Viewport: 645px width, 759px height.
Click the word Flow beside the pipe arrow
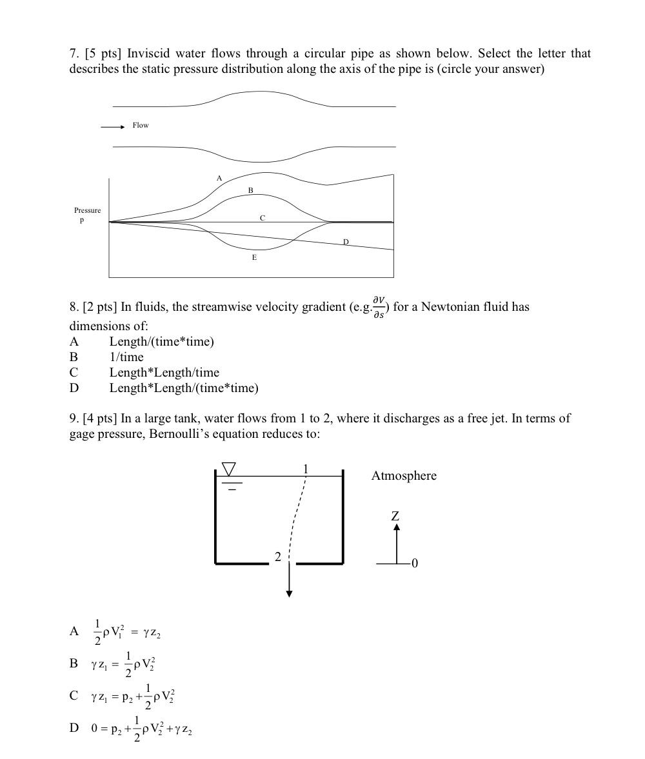141,125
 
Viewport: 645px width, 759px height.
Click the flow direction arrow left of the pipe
112,127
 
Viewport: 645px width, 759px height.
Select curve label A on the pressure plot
219,178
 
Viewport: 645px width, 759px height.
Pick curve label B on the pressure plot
251,190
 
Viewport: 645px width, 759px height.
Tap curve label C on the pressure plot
263,219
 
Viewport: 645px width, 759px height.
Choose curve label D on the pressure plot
346,242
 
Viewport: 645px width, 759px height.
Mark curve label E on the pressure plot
254,257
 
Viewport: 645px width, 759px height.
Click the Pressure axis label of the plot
87,211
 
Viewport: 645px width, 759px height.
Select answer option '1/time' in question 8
126,357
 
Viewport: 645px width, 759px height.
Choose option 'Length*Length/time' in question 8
164,373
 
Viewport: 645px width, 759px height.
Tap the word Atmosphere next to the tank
404,476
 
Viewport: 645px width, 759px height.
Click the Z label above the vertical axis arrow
395,516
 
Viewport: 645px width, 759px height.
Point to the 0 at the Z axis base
415,564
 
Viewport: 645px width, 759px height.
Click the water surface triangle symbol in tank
229,469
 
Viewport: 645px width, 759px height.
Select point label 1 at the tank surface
306,469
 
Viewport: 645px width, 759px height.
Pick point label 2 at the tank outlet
278,557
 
